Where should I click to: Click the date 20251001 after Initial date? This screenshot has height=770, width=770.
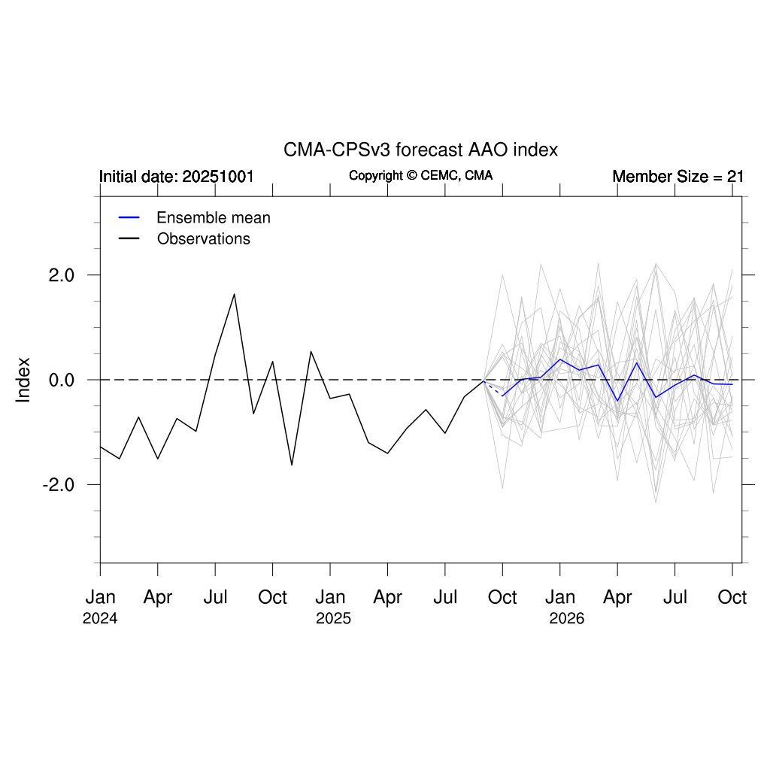(x=218, y=177)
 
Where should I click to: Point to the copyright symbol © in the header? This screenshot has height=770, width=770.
(x=411, y=176)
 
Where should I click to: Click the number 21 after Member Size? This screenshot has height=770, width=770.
(x=735, y=177)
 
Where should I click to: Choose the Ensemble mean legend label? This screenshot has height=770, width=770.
(x=214, y=218)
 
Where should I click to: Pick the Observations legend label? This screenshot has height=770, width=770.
(x=204, y=239)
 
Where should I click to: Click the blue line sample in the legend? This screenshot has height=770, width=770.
(x=129, y=218)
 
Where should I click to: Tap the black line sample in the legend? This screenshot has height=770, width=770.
(x=129, y=239)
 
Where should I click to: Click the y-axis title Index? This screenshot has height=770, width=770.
(x=24, y=380)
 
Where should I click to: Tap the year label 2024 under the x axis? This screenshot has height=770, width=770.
(x=100, y=619)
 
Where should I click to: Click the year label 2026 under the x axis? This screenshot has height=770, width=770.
(x=566, y=619)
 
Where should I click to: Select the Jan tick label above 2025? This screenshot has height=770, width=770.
(x=330, y=598)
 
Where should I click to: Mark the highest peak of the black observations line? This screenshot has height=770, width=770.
(x=235, y=294)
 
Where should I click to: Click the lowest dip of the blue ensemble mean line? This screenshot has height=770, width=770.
(x=617, y=401)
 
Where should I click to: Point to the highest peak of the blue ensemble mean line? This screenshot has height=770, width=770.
(x=560, y=359)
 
